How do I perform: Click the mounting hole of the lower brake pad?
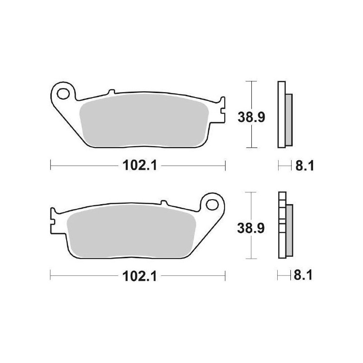(x=212, y=203)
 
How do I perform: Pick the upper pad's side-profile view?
(x=283, y=114)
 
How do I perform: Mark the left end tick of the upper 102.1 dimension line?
(x=50, y=166)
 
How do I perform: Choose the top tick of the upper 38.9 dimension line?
(x=251, y=81)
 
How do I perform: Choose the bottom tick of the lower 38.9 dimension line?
(x=251, y=259)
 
